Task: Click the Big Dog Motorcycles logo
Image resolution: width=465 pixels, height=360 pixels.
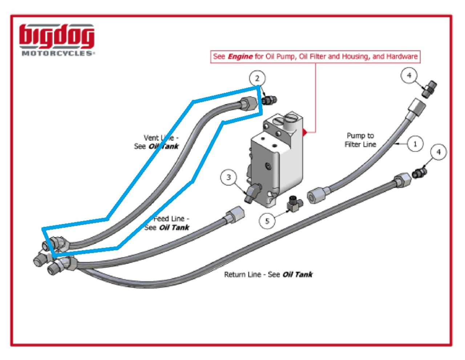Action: [57, 40]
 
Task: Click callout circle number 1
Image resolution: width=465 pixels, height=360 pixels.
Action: [415, 144]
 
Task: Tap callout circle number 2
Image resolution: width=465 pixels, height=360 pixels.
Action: [257, 78]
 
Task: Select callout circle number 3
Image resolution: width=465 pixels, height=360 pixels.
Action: [229, 177]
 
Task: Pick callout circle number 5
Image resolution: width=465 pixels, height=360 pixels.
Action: [267, 221]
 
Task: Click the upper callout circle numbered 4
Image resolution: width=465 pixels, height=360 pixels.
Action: [409, 75]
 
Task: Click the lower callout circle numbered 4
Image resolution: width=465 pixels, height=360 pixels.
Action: [438, 152]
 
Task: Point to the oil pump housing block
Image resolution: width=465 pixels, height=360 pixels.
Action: [276, 156]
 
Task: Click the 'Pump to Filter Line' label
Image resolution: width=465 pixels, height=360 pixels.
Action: [360, 140]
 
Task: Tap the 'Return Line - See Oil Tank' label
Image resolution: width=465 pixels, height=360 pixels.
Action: [268, 275]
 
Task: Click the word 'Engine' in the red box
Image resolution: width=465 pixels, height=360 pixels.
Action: [240, 57]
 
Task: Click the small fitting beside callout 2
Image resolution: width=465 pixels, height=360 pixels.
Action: [269, 100]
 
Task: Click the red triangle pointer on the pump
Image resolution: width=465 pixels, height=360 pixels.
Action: [305, 132]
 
